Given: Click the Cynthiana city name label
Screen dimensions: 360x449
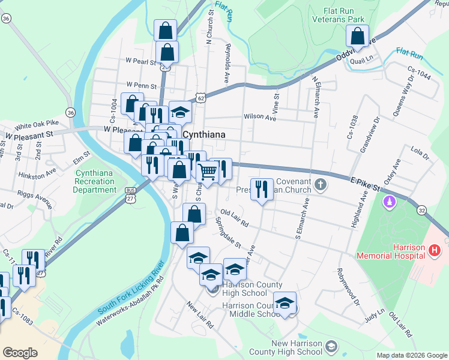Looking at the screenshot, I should tap(204, 135).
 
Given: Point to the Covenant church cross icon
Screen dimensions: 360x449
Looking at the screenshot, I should tap(321, 184).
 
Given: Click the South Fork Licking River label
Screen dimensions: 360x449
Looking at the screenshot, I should tap(132, 287).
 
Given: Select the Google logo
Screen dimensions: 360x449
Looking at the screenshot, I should tap(20, 353).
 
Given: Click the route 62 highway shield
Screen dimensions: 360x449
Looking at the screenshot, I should tap(201, 97).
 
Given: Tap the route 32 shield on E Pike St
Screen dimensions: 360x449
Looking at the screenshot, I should tap(423, 210).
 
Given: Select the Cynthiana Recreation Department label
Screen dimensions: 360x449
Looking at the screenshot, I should tap(95, 181).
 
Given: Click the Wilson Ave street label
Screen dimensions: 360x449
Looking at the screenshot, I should tap(259, 118).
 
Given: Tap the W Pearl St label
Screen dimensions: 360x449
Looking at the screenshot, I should tap(140, 61).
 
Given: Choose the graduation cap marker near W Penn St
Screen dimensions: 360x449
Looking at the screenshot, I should tap(179, 112).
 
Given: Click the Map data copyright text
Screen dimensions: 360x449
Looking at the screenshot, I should tap(412, 355).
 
